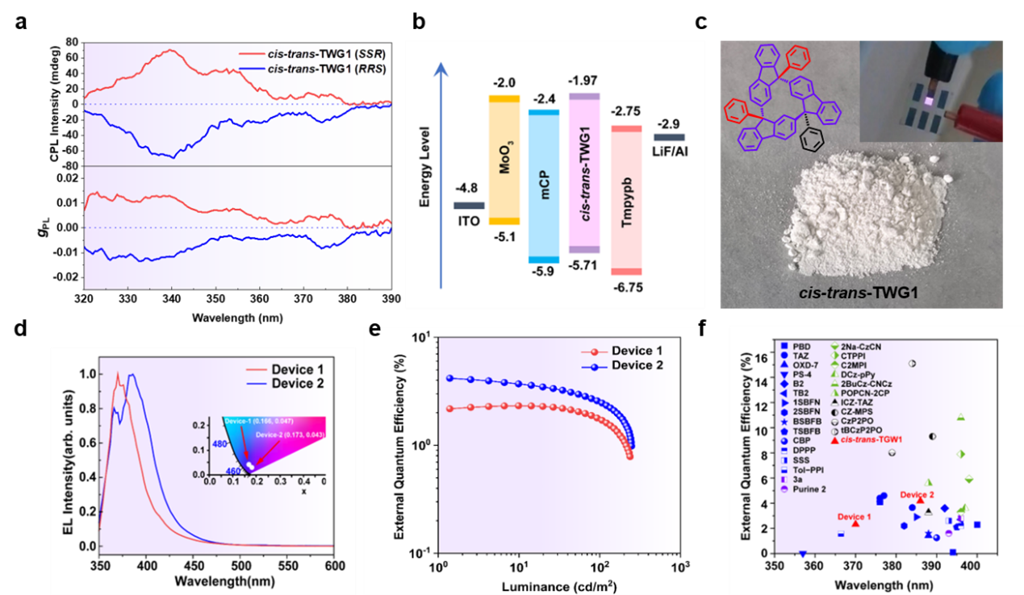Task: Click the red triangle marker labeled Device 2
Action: tap(920, 500)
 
